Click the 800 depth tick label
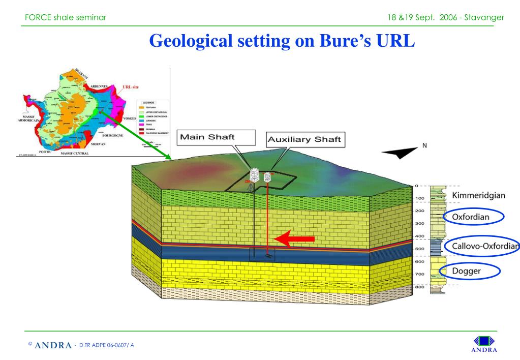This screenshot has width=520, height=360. pos(420,287)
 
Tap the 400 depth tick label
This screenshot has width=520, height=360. pos(420,236)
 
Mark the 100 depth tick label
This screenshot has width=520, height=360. pos(420,198)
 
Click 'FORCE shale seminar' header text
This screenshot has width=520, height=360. pos(66,17)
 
